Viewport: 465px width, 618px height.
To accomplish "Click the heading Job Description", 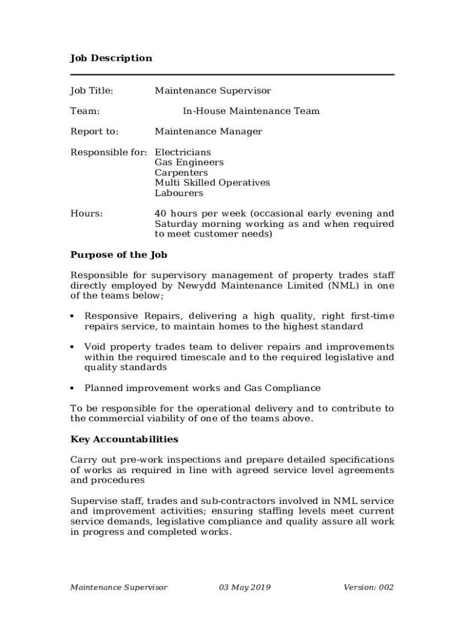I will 111,59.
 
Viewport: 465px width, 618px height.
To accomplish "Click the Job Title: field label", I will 92,91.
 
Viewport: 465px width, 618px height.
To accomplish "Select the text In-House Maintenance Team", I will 251,111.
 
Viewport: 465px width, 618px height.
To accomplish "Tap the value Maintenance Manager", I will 208,132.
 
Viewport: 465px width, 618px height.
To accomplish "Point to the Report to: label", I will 94,132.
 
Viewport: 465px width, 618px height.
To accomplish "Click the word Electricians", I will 183,152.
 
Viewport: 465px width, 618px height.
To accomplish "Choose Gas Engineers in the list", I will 189,162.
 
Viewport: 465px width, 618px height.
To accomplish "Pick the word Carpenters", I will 181,173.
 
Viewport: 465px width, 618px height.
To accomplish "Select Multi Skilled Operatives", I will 212,183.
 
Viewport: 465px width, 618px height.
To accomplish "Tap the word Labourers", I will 179,193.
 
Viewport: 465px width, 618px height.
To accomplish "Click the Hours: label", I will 86,214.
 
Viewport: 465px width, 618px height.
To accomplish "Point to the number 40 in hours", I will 160,214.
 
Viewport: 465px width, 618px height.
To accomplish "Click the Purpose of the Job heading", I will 119,255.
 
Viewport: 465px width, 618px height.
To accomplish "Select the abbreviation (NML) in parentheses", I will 344,286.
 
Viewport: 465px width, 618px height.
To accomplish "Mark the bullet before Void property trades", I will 72,348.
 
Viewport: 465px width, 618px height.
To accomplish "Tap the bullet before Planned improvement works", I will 72,389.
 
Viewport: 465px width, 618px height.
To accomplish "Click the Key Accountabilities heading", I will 124,439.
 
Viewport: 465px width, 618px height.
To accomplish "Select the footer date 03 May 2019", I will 245,587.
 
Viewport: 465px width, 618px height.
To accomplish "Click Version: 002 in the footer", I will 368,587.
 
